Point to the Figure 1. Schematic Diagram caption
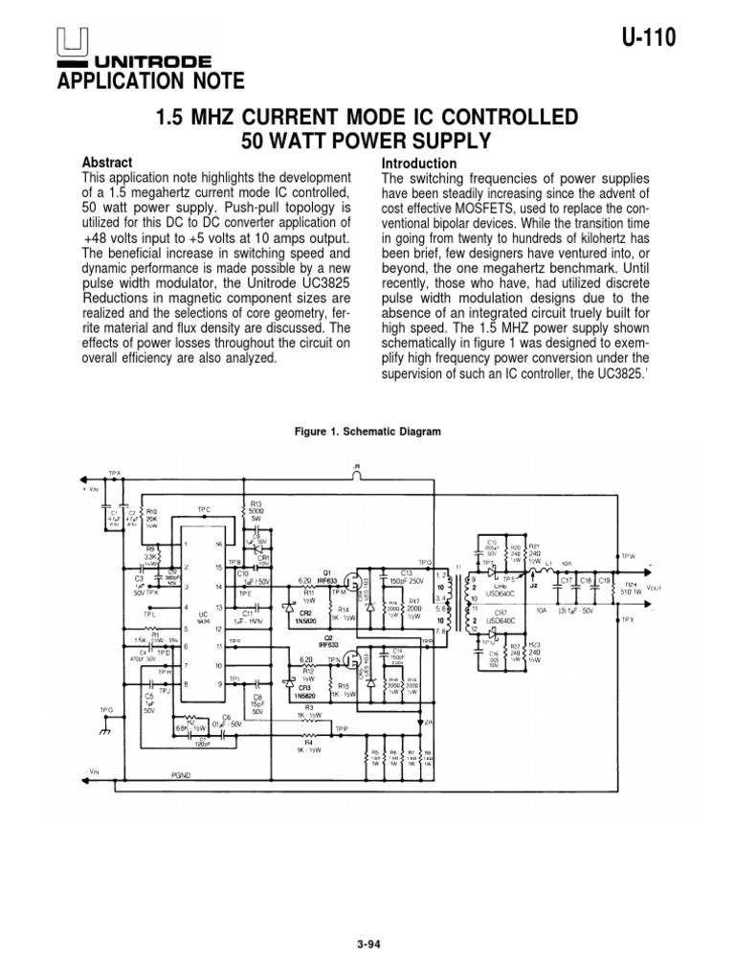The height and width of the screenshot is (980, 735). coord(367,433)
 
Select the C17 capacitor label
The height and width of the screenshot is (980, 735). coord(567,580)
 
